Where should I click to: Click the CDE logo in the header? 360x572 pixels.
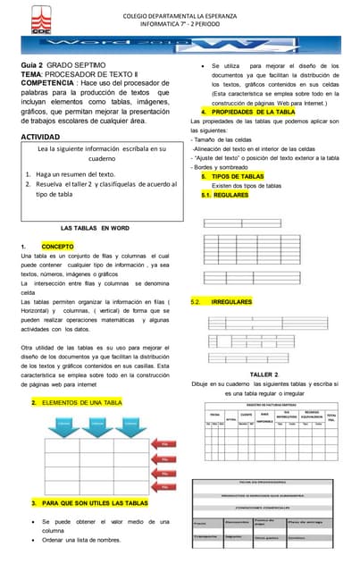pyautogui.click(x=15, y=13)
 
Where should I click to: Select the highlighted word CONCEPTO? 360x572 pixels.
pyautogui.click(x=58, y=246)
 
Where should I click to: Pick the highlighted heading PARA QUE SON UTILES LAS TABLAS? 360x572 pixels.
pyautogui.click(x=94, y=504)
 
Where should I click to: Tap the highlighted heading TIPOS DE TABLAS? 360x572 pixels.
pyautogui.click(x=244, y=177)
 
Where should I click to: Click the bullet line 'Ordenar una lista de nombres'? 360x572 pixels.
pyautogui.click(x=80, y=541)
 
